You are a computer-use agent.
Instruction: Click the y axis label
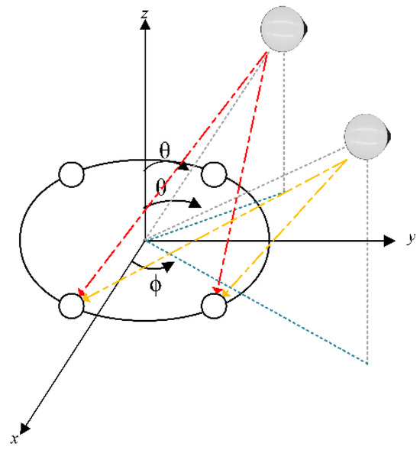pos(411,239)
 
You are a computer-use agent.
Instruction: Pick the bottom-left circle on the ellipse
pos(70,304)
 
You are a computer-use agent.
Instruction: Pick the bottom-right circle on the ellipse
pos(215,305)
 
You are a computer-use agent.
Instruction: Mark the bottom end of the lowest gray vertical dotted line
pos(368,363)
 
